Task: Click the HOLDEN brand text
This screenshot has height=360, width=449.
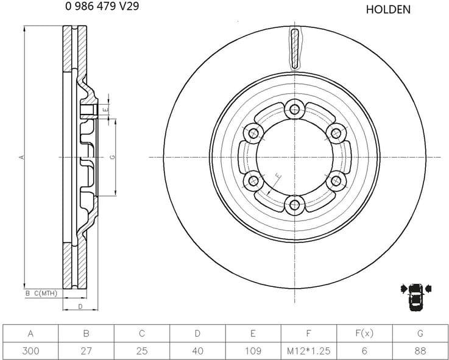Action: pyautogui.click(x=388, y=10)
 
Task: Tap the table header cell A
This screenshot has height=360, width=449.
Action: pyautogui.click(x=30, y=333)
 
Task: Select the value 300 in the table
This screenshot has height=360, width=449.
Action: pyautogui.click(x=30, y=351)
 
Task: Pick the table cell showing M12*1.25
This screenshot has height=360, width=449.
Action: pyautogui.click(x=308, y=351)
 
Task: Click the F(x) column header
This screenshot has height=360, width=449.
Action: pyautogui.click(x=364, y=333)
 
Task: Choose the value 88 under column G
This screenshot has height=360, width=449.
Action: pyautogui.click(x=419, y=351)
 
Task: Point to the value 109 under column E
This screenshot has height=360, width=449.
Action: pyautogui.click(x=252, y=351)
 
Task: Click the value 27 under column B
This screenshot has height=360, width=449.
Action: pyautogui.click(x=86, y=351)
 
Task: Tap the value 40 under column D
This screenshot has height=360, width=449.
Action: pyautogui.click(x=197, y=351)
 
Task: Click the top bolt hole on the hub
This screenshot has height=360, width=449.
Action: pyautogui.click(x=295, y=110)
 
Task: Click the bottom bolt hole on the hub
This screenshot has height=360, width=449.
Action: pyautogui.click(x=295, y=205)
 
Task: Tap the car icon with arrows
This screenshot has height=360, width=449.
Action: pyautogui.click(x=415, y=297)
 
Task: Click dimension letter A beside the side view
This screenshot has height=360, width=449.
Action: pyautogui.click(x=21, y=157)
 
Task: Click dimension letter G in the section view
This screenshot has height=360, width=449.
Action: pyautogui.click(x=113, y=157)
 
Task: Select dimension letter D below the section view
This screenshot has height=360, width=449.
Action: pyautogui.click(x=80, y=306)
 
